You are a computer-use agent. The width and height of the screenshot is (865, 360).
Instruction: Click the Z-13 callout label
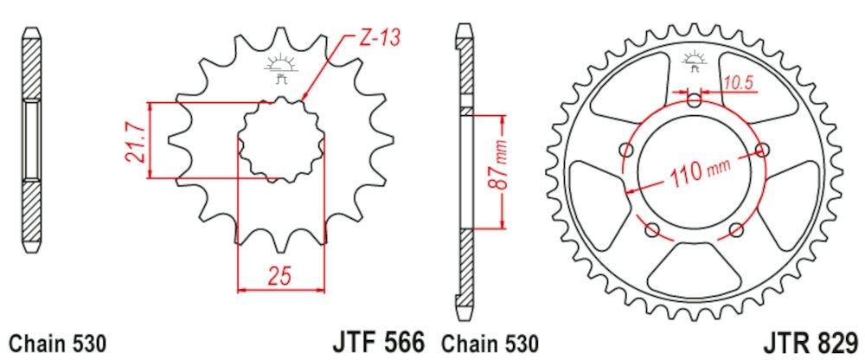(x=380, y=39)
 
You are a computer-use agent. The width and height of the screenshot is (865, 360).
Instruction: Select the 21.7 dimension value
(x=135, y=141)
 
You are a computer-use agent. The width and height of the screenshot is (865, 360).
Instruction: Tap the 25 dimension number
(x=279, y=275)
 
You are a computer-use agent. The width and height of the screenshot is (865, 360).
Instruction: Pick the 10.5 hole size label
(x=739, y=83)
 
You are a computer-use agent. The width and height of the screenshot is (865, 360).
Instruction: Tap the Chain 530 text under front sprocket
(x=57, y=344)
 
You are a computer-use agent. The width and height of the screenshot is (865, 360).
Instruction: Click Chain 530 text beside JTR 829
(x=489, y=344)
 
